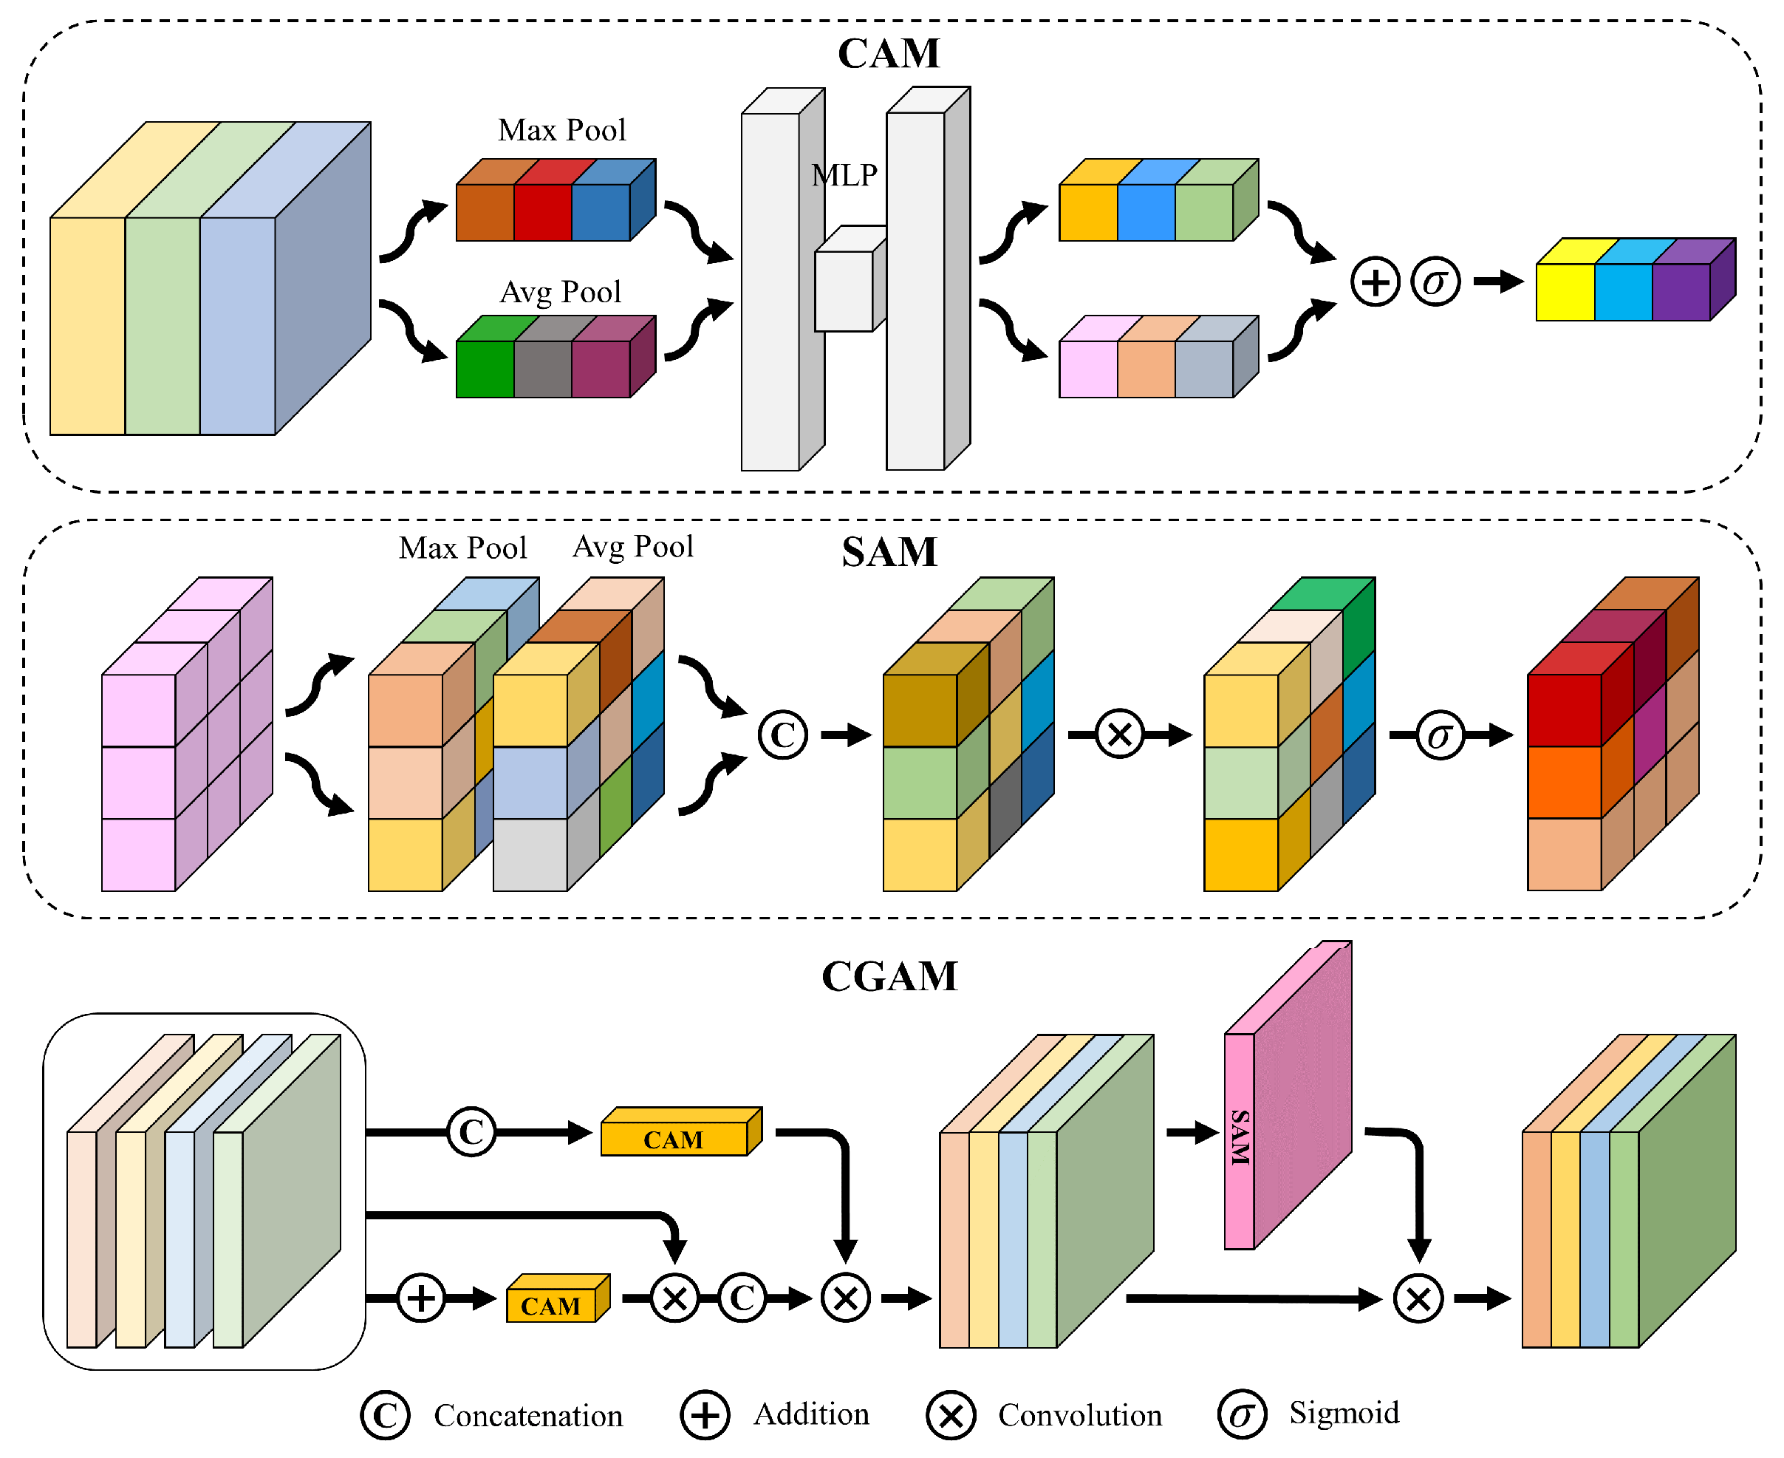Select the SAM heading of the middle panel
(x=889, y=552)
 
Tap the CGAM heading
(x=889, y=976)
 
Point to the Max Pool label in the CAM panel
(x=561, y=130)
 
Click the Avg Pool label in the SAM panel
(x=633, y=547)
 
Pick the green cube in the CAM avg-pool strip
(x=485, y=369)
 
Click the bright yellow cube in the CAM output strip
(x=1564, y=291)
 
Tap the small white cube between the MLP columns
(x=844, y=290)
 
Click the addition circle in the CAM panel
(x=1374, y=282)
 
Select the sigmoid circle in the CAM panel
(x=1435, y=282)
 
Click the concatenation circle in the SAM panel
(x=782, y=735)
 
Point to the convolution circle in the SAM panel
(x=1119, y=735)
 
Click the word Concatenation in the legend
(x=528, y=1415)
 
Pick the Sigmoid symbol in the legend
(x=1241, y=1415)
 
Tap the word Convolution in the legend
(x=1080, y=1415)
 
